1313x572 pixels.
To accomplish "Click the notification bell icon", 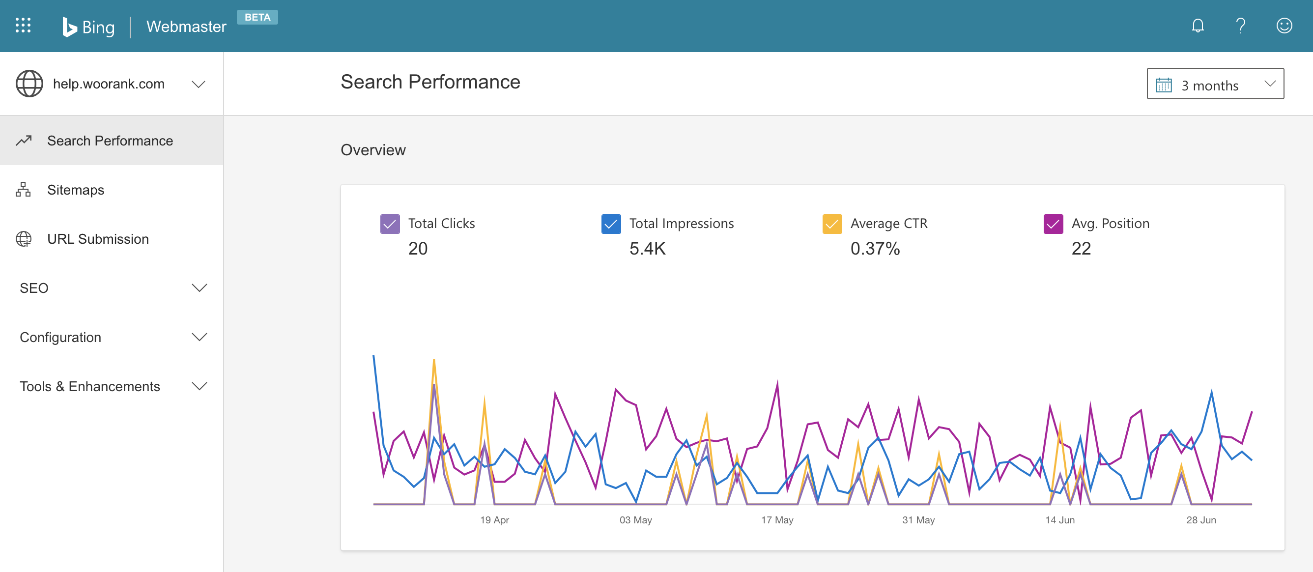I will tap(1198, 26).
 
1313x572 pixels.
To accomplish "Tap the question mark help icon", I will tap(1241, 26).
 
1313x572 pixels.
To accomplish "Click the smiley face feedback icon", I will tap(1284, 26).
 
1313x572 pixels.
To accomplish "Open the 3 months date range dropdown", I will tap(1215, 84).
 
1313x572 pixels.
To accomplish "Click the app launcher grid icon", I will tap(23, 26).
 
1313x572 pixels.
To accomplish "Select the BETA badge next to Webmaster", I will tap(257, 17).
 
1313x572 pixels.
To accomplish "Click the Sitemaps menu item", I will tap(76, 190).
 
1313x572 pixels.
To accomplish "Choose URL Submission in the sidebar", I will tap(98, 239).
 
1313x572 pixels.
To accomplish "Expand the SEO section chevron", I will tap(199, 288).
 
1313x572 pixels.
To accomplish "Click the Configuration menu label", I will tap(60, 337).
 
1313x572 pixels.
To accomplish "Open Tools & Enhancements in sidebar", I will tap(90, 386).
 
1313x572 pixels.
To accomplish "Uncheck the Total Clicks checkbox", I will tap(390, 224).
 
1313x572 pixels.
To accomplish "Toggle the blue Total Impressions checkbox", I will tap(611, 224).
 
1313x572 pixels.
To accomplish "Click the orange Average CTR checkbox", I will tap(832, 224).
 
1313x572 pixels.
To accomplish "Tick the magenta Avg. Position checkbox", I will tap(1053, 224).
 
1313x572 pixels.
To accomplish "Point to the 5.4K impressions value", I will tap(647, 248).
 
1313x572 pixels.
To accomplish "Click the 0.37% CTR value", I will tap(875, 248).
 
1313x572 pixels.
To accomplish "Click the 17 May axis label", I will tap(777, 519).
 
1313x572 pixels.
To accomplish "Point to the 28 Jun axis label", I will tap(1201, 519).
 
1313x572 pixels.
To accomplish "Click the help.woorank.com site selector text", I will tap(109, 84).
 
